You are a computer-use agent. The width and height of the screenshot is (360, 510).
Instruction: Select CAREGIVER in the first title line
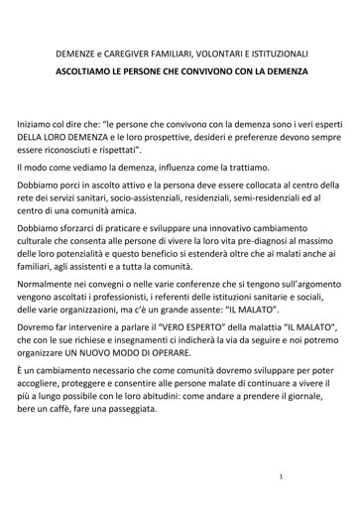[x=142, y=53]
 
